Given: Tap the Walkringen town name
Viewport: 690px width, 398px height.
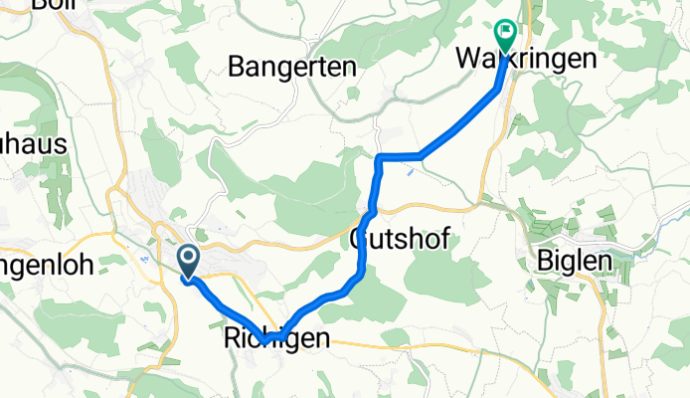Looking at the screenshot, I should tap(526, 60).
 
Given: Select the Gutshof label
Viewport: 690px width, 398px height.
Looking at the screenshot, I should tap(399, 239).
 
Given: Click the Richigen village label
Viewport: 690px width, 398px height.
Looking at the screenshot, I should tap(271, 339).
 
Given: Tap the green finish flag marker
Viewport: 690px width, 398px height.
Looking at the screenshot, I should tap(504, 37).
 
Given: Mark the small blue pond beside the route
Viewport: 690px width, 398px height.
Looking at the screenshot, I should tap(411, 171).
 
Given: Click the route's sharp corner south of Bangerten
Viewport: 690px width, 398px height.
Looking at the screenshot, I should tap(379, 157).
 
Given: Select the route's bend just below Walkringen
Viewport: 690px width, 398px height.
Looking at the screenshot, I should tap(498, 89).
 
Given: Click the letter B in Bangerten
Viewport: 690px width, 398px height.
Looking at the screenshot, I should tap(236, 67).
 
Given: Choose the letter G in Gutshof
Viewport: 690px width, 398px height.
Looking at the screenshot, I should tap(361, 239).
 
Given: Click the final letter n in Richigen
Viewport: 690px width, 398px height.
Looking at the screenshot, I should tap(320, 339).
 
